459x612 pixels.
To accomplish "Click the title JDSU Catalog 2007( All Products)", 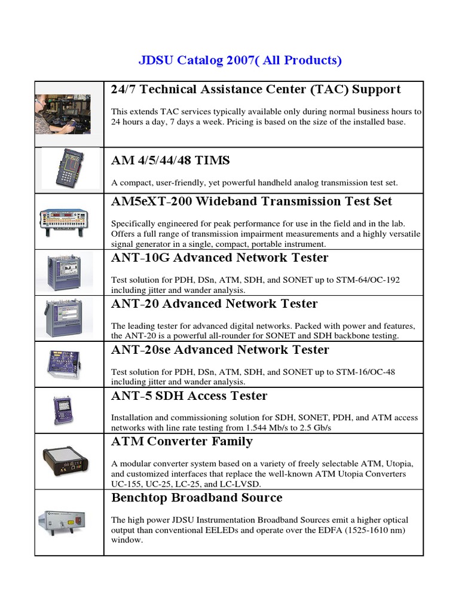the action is click(x=240, y=60).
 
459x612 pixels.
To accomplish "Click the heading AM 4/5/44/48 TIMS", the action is click(x=170, y=160).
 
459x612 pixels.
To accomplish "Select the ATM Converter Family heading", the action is click(x=182, y=442).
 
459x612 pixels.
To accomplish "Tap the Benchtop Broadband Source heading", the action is click(x=197, y=498).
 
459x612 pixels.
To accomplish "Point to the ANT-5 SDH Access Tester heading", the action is click(x=189, y=396).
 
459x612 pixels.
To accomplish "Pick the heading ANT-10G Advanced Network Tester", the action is click(x=219, y=258).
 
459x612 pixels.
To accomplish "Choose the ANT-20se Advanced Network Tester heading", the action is click(x=220, y=350).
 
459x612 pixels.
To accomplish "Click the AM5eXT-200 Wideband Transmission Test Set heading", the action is click(x=252, y=201).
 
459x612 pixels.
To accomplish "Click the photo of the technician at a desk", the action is click(x=63, y=114).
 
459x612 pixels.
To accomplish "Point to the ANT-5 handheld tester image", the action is click(x=63, y=410).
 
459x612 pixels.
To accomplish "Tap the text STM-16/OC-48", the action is click(x=365, y=372).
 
